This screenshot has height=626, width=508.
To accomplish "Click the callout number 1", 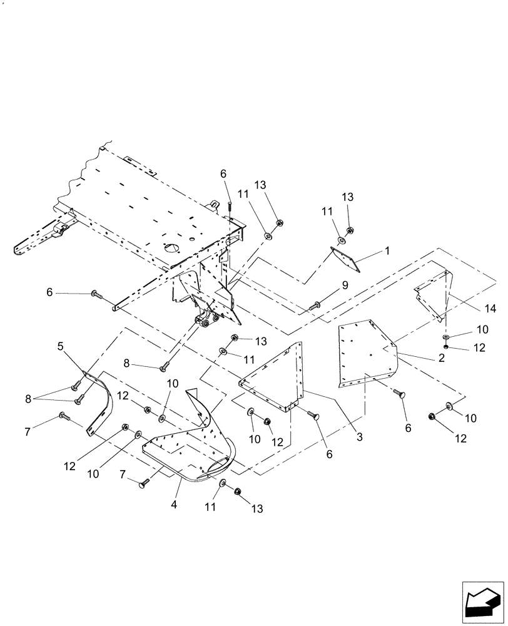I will coord(387,250).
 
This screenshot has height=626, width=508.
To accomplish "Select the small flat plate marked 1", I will coord(347,259).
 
